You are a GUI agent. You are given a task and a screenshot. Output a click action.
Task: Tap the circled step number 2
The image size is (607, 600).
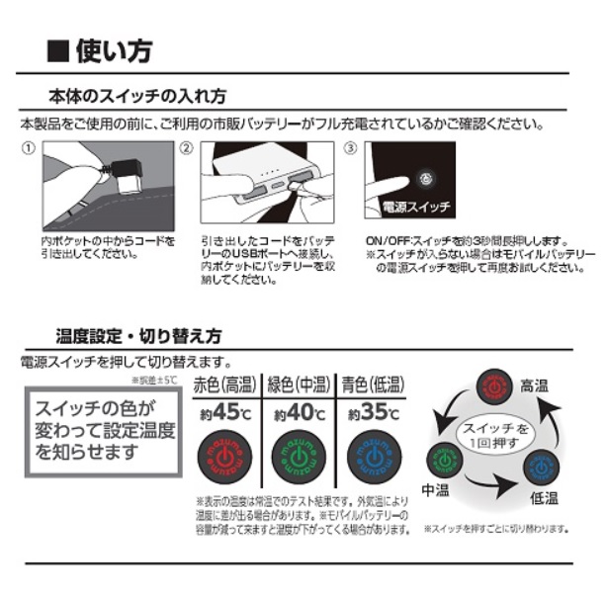pyautogui.click(x=185, y=147)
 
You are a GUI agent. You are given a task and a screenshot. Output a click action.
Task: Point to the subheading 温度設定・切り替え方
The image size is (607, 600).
pyautogui.click(x=138, y=335)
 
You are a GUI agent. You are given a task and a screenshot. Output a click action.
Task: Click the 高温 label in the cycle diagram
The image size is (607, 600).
pyautogui.click(x=534, y=386)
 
